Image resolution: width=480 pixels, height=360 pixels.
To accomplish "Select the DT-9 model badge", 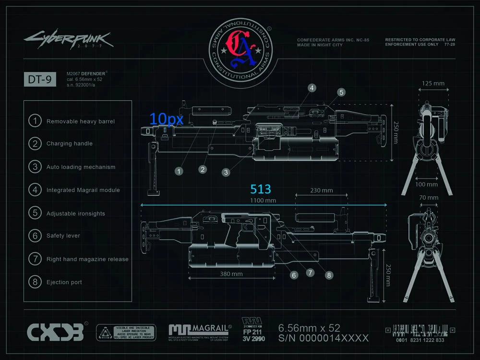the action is click(40, 80).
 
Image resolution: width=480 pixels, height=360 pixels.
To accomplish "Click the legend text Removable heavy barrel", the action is click(81, 121).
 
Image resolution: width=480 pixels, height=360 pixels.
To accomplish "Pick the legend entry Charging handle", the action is click(70, 144).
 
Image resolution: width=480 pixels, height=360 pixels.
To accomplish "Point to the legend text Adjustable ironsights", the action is click(76, 214).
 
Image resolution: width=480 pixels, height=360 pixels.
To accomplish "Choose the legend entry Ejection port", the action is click(64, 282).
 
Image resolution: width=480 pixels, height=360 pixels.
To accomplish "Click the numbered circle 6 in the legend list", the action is click(35, 236).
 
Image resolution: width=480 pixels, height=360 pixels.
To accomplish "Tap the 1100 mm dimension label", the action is click(263, 200).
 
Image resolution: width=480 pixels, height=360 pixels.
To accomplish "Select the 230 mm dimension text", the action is click(321, 190).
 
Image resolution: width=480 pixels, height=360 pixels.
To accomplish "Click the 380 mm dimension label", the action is click(231, 274).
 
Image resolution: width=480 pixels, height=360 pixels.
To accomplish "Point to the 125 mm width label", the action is click(433, 84).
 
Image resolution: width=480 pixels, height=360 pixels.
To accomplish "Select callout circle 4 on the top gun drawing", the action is click(312, 88).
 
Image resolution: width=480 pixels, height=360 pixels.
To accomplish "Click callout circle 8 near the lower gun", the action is click(329, 275).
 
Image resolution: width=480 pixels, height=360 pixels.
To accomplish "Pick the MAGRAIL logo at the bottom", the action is click(200, 330).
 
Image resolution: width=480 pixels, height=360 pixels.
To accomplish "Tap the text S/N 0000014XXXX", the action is click(324, 338).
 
